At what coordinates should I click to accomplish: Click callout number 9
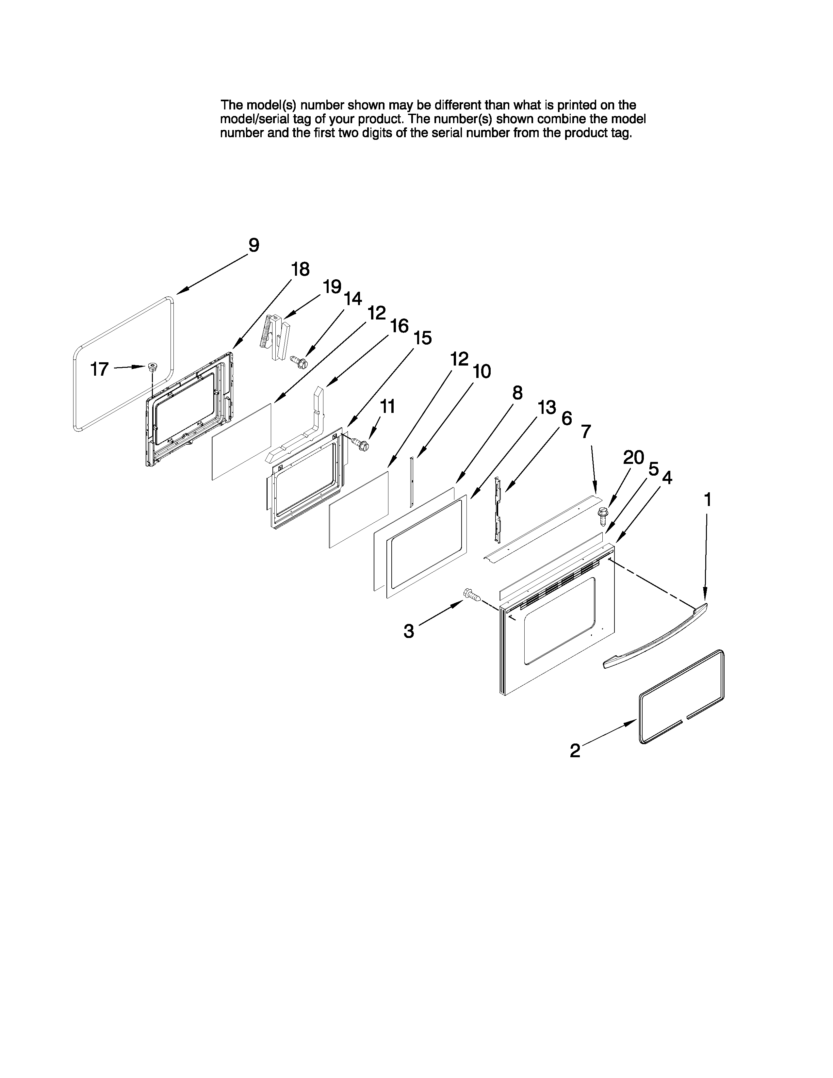253,245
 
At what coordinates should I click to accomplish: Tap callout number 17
100,369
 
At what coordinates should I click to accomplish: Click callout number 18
300,269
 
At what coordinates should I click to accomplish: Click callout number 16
399,326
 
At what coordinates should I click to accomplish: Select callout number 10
482,371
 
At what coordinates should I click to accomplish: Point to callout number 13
547,408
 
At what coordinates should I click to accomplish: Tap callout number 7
585,432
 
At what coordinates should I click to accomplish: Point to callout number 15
422,338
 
